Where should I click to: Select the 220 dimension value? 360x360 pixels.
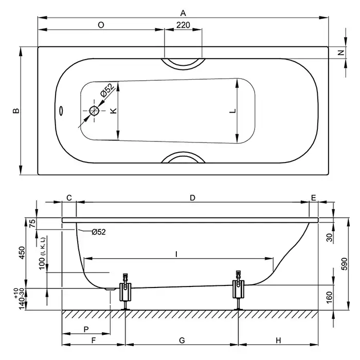[184, 25]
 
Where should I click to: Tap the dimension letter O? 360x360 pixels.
[101, 25]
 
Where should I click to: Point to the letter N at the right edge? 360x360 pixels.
[340, 53]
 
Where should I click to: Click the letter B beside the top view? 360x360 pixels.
[16, 111]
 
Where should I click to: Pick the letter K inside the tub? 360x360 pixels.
[114, 111]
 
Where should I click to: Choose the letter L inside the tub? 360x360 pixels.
[232, 111]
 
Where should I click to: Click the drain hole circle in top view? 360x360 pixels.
[94, 111]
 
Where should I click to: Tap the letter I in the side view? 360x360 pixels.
[176, 254]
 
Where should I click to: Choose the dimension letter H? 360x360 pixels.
[278, 340]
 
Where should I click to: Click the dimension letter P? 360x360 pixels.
[85, 329]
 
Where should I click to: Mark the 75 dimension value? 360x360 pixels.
[32, 223]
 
